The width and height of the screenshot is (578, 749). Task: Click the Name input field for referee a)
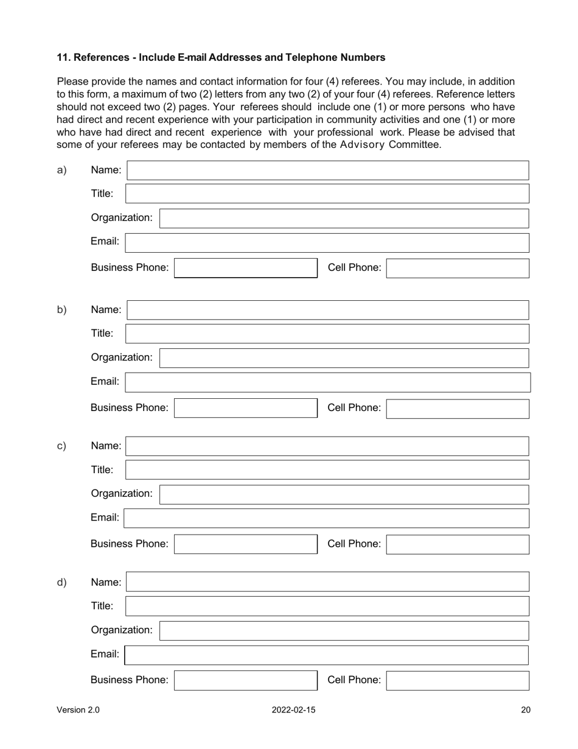tap(327, 171)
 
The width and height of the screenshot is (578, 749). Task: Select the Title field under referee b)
tap(327, 334)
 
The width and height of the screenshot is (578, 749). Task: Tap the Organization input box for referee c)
tap(344, 494)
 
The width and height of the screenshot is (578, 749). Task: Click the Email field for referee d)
tap(327, 655)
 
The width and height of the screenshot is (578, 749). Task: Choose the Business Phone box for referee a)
tap(246, 269)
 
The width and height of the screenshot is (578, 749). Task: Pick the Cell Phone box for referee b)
tap(458, 409)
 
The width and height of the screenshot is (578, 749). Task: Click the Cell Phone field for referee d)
tap(458, 681)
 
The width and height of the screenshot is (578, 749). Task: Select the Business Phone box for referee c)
tap(246, 544)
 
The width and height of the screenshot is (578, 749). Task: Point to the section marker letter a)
tap(61, 170)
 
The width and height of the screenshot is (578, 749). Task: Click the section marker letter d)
tap(61, 582)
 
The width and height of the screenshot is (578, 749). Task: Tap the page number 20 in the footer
tap(526, 710)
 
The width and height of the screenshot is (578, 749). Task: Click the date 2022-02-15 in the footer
tap(294, 710)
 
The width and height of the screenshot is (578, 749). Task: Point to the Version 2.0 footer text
tap(78, 710)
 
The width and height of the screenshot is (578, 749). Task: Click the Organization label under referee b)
tap(122, 357)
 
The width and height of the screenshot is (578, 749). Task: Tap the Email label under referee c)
tap(105, 518)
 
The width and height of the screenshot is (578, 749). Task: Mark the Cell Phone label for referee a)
tap(355, 267)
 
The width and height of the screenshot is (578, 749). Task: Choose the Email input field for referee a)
tap(327, 242)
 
